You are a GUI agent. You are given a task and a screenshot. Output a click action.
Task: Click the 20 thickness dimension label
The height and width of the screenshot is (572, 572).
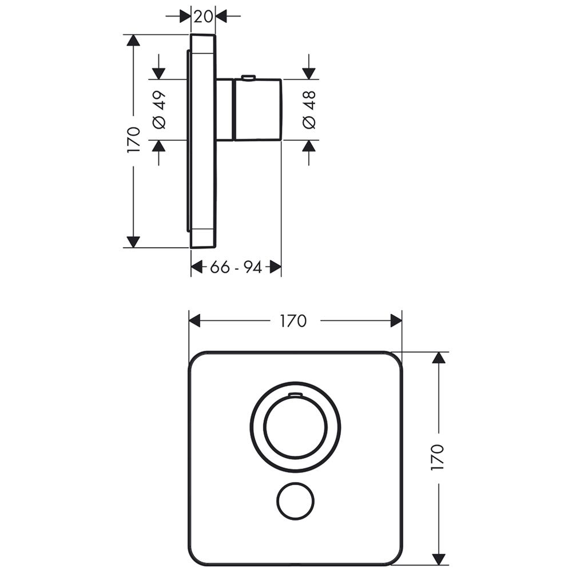203,17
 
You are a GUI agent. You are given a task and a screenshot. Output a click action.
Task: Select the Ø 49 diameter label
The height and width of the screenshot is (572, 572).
160,110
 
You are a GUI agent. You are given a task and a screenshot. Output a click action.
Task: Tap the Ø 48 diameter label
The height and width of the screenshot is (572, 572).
309,110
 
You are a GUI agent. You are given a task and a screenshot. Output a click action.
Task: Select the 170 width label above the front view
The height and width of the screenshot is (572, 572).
293,321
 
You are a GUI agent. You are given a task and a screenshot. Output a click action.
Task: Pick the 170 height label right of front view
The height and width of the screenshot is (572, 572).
438,456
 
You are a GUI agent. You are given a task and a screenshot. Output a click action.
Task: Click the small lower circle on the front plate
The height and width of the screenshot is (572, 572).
295,501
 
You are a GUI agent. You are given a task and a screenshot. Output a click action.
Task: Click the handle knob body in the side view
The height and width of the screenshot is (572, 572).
257,109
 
